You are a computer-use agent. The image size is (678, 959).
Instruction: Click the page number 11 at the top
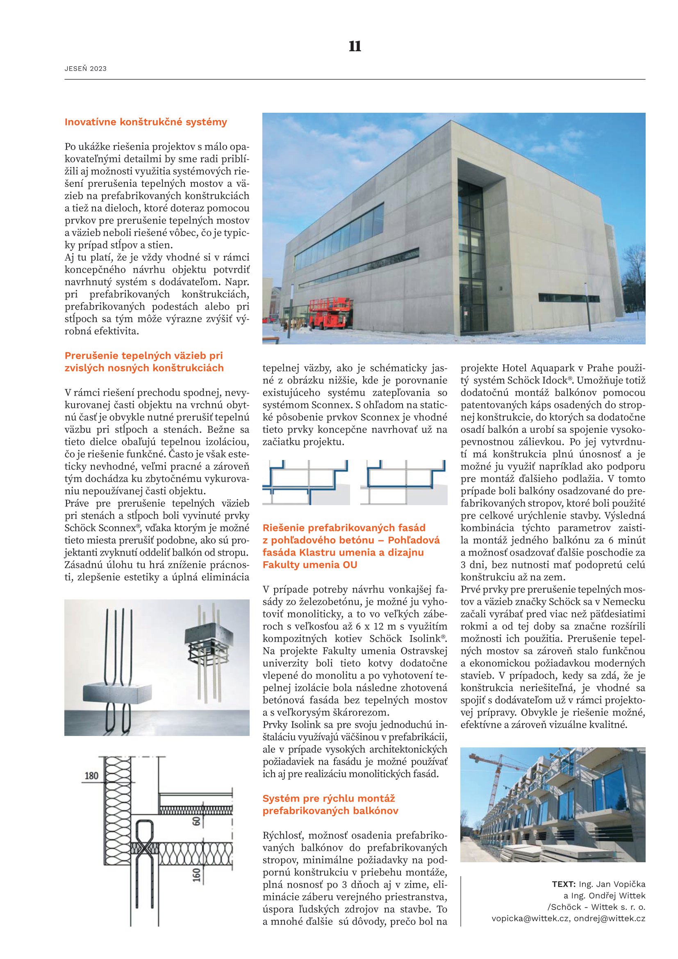coord(355,46)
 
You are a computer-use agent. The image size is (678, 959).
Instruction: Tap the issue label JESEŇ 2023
coord(86,69)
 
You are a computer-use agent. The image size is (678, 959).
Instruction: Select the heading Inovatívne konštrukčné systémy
coord(146,122)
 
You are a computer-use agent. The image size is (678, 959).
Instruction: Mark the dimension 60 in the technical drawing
coord(196,822)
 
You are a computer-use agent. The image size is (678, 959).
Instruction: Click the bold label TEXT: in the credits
coord(564,884)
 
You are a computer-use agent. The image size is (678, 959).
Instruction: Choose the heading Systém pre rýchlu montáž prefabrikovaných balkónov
coord(330,805)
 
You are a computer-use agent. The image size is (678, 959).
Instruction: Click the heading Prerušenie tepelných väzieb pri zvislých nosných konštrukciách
coord(144,362)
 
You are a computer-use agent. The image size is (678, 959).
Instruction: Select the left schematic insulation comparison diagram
coord(306,483)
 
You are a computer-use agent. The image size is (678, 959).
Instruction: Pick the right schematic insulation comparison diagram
coord(404,483)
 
